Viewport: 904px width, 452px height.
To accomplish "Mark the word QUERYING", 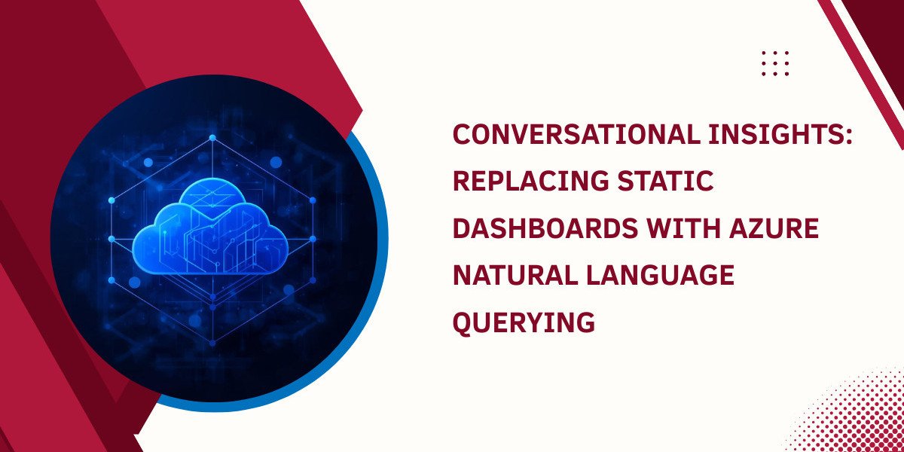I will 524,322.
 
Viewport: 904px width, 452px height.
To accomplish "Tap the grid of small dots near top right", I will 775,63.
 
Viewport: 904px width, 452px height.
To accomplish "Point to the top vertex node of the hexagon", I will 212,138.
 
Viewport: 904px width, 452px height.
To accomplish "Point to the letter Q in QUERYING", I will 462,322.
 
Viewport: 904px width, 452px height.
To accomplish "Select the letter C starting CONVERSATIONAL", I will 461,136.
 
